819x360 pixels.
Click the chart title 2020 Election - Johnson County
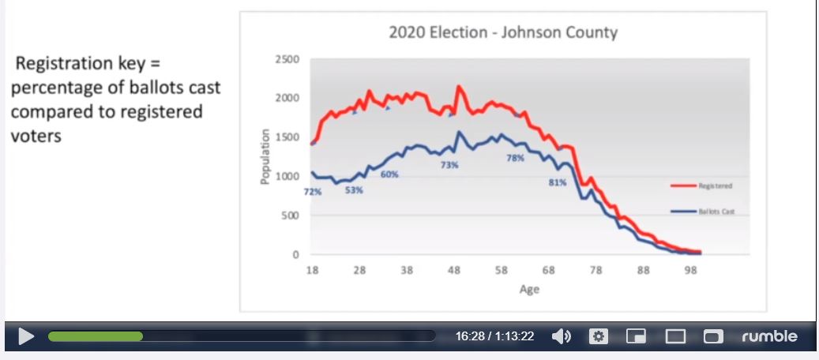pyautogui.click(x=503, y=32)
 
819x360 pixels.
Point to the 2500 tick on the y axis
pyautogui.click(x=287, y=60)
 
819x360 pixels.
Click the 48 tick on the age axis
pyautogui.click(x=453, y=270)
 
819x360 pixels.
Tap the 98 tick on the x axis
pyautogui.click(x=690, y=270)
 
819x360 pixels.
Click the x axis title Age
pyautogui.click(x=529, y=289)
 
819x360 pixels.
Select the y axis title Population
pyautogui.click(x=265, y=157)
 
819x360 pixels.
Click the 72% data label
pyautogui.click(x=313, y=192)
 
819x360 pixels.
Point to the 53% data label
pyautogui.click(x=354, y=190)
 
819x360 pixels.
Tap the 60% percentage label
pyautogui.click(x=389, y=174)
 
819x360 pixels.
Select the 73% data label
pyautogui.click(x=449, y=165)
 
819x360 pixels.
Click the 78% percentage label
pyautogui.click(x=515, y=158)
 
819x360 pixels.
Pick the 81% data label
pyautogui.click(x=557, y=182)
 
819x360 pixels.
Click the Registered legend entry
pyautogui.click(x=715, y=186)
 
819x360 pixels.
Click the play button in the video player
pyautogui.click(x=26, y=336)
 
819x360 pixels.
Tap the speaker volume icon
pyautogui.click(x=561, y=336)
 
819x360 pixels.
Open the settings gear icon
pyautogui.click(x=599, y=336)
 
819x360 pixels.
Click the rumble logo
pyautogui.click(x=769, y=336)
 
